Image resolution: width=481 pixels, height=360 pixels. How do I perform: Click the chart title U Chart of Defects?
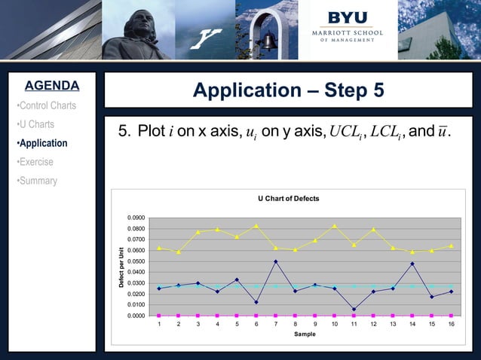288,199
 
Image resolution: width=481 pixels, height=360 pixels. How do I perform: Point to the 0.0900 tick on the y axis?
136,218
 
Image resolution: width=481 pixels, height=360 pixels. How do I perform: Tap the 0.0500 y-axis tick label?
136,261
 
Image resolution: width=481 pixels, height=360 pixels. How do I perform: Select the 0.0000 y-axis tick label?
136,316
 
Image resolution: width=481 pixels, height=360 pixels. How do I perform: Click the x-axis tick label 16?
451,324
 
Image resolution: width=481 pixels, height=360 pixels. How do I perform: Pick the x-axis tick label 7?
276,324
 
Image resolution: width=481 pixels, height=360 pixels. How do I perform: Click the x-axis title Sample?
305,334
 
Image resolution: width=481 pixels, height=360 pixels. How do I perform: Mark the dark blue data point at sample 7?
276,261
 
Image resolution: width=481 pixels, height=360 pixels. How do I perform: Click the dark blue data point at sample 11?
354,309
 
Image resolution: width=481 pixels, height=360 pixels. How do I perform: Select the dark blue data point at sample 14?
412,264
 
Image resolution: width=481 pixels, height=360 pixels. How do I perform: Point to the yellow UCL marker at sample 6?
256,225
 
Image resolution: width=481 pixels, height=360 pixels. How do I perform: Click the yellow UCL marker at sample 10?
335,225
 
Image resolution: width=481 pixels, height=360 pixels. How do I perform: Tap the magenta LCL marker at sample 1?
159,316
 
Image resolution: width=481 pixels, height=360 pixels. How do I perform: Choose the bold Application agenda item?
42,143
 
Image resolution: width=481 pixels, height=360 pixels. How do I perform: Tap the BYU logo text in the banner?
348,17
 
